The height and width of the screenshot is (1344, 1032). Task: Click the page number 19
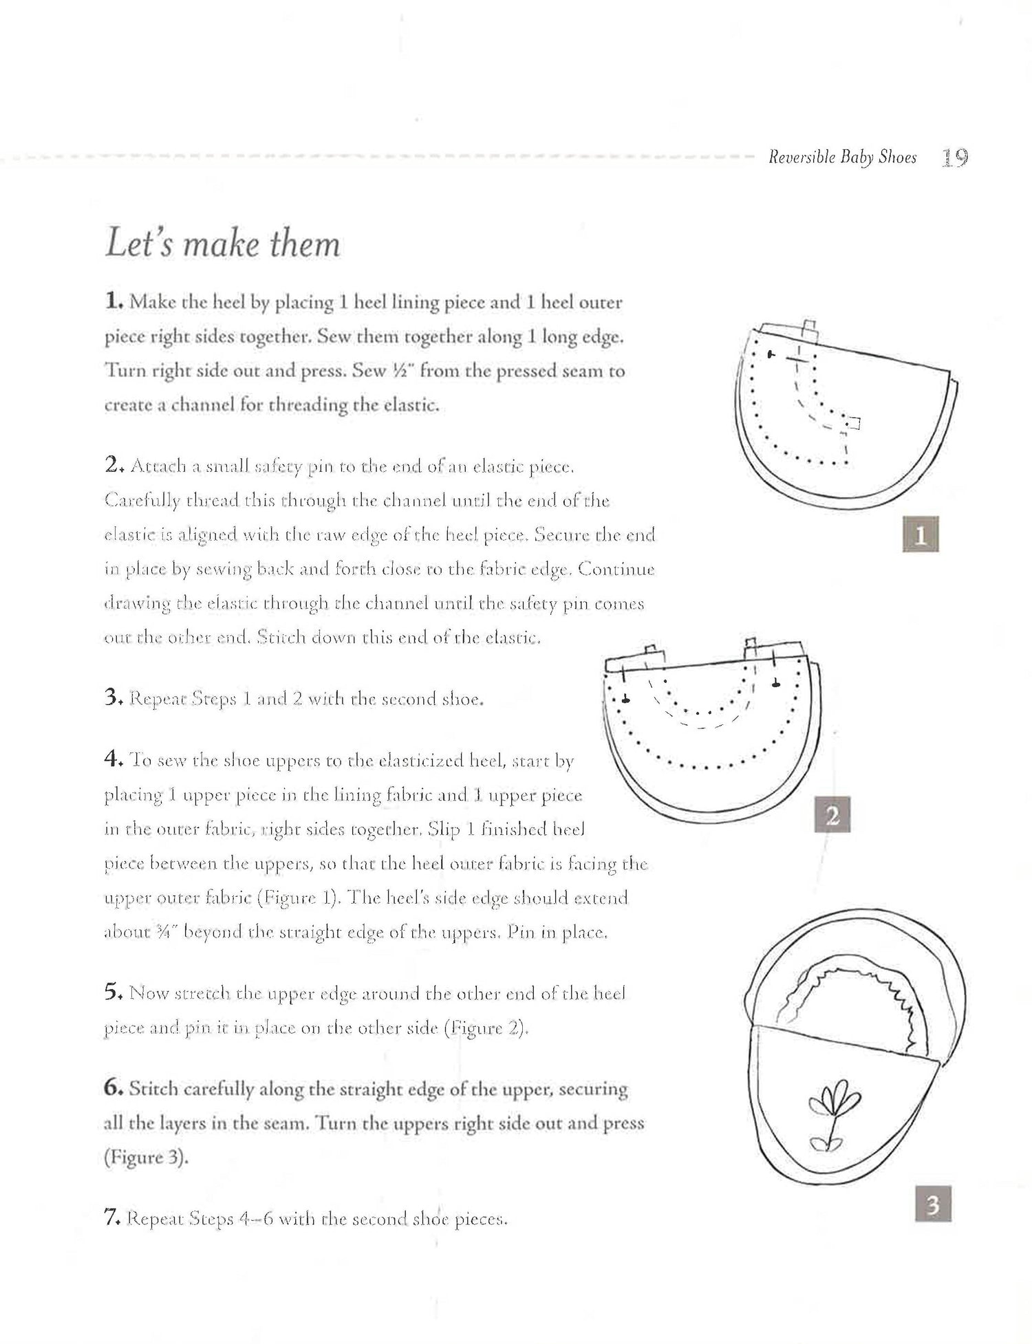coord(954,158)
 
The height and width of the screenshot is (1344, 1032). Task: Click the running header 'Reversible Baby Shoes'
coord(842,158)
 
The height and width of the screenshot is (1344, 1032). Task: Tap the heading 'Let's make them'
coord(223,244)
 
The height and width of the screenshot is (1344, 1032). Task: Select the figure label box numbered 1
coord(920,534)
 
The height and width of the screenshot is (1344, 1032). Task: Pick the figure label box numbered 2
coord(832,815)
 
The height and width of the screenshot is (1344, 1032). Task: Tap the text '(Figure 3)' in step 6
coord(146,1157)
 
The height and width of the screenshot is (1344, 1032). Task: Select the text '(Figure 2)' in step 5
coord(486,1028)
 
